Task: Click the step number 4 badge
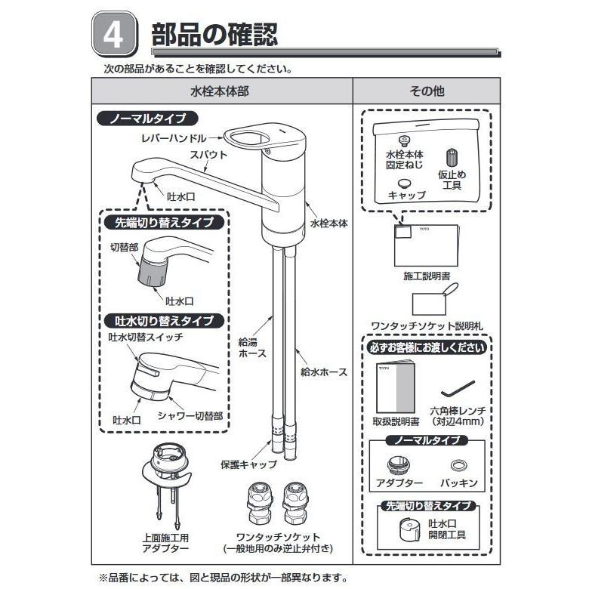click(x=114, y=36)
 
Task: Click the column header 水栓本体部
click(x=221, y=91)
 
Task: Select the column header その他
click(x=427, y=91)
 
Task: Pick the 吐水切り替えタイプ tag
click(x=163, y=321)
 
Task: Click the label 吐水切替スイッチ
click(x=146, y=338)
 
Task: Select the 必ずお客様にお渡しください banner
click(x=427, y=348)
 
